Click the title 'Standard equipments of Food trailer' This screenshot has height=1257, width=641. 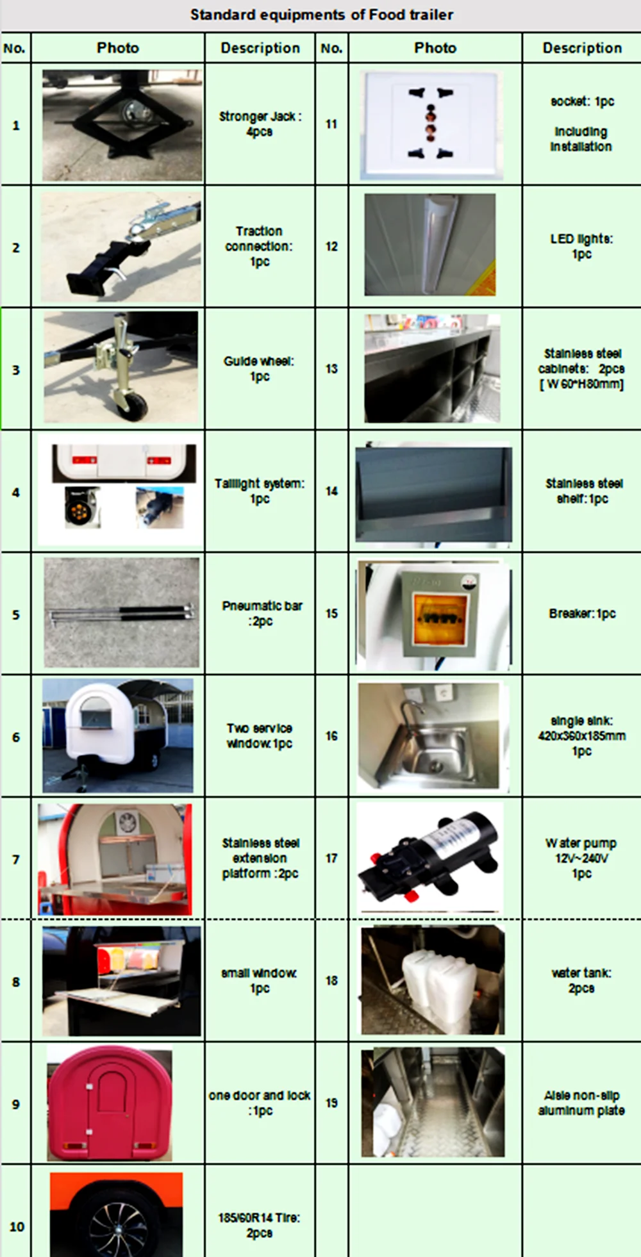click(x=322, y=15)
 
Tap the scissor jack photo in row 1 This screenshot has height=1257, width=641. click(x=122, y=125)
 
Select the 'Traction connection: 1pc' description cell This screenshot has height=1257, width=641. click(x=260, y=246)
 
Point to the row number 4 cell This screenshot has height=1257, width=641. click(x=16, y=492)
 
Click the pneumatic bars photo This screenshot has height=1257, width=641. click(x=122, y=612)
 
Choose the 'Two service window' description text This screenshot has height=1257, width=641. click(x=260, y=736)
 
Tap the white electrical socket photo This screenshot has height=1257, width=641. click(x=431, y=125)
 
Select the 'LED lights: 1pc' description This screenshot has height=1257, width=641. click(x=581, y=246)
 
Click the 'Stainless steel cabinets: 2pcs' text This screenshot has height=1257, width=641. click(x=581, y=368)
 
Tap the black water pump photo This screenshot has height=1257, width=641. click(x=430, y=857)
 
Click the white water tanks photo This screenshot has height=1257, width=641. click(x=433, y=980)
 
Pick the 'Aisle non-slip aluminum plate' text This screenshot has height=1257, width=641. click(x=581, y=1103)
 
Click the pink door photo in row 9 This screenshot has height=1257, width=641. click(x=110, y=1103)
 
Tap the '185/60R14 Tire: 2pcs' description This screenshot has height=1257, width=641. click(x=260, y=1225)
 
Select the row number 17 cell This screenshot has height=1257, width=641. click(x=331, y=858)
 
